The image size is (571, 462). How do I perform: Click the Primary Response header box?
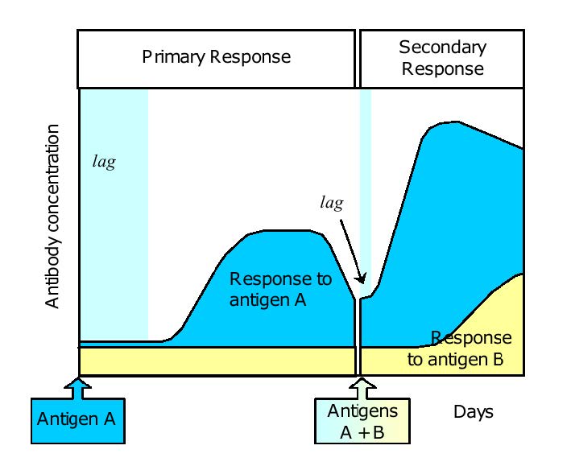(x=216, y=59)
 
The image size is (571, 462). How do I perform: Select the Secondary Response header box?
(x=441, y=59)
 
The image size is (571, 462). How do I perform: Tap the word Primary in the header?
(x=173, y=57)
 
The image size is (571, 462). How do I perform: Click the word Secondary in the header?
(x=442, y=47)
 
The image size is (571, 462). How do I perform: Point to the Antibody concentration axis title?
(x=52, y=217)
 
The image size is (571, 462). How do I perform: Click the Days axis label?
(x=474, y=412)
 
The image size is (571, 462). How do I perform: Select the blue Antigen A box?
(x=78, y=421)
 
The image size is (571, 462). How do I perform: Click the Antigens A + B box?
(x=362, y=421)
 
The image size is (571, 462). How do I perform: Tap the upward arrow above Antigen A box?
(x=77, y=387)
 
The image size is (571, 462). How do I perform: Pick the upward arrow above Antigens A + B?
(x=362, y=387)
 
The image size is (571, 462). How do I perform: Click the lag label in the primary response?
(x=104, y=162)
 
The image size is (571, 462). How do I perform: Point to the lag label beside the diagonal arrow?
(x=332, y=203)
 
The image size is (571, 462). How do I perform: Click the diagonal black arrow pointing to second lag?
(x=352, y=251)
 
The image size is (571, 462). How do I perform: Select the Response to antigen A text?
(x=280, y=290)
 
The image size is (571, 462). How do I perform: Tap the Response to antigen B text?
(x=460, y=349)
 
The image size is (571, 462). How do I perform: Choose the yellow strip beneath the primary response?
(x=217, y=361)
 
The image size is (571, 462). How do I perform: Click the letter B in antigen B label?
(x=498, y=359)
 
